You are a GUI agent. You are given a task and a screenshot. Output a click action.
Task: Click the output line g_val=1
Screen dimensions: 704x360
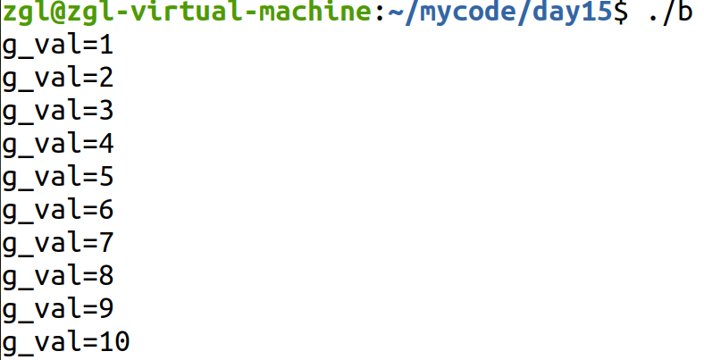[57, 46]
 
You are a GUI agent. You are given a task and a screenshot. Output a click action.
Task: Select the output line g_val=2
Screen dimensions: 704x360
[57, 78]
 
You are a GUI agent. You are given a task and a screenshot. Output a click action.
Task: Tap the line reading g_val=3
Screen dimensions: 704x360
[57, 111]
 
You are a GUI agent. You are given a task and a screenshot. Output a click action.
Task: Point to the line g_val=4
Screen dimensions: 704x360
[57, 144]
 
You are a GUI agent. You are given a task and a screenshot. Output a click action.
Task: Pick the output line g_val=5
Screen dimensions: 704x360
[57, 177]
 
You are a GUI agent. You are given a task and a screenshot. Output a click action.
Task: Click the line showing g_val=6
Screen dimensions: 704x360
[57, 210]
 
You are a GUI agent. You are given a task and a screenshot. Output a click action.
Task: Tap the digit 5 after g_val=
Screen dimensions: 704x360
[106, 177]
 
